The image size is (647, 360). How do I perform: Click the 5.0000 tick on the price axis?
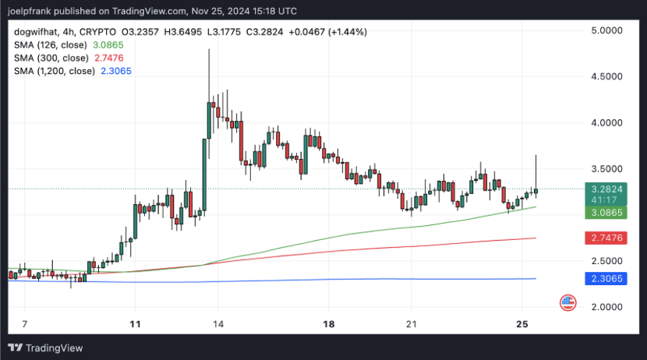pyautogui.click(x=606, y=30)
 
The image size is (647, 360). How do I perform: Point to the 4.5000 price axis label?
pyautogui.click(x=606, y=76)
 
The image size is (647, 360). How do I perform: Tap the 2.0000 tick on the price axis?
pyautogui.click(x=606, y=307)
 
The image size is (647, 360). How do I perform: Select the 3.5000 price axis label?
pyautogui.click(x=606, y=168)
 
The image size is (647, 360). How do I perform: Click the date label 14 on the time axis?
pyautogui.click(x=218, y=324)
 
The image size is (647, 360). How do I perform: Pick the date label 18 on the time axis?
pyautogui.click(x=329, y=324)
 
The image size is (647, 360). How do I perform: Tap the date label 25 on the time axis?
pyautogui.click(x=522, y=324)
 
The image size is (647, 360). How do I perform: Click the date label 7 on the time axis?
pyautogui.click(x=25, y=324)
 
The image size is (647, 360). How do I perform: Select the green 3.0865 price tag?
pyautogui.click(x=606, y=213)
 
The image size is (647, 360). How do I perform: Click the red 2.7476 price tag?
pyautogui.click(x=606, y=238)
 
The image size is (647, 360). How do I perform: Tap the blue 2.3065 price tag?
pyautogui.click(x=606, y=279)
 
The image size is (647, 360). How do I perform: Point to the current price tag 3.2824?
pyautogui.click(x=606, y=189)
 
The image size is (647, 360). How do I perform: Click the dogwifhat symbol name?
pyautogui.click(x=37, y=32)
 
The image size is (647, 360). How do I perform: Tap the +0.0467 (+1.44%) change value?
pyautogui.click(x=327, y=32)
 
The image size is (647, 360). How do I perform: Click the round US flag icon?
pyautogui.click(x=568, y=303)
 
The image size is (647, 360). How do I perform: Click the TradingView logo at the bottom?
pyautogui.click(x=45, y=348)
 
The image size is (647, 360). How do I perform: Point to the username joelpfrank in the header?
pyautogui.click(x=29, y=11)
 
